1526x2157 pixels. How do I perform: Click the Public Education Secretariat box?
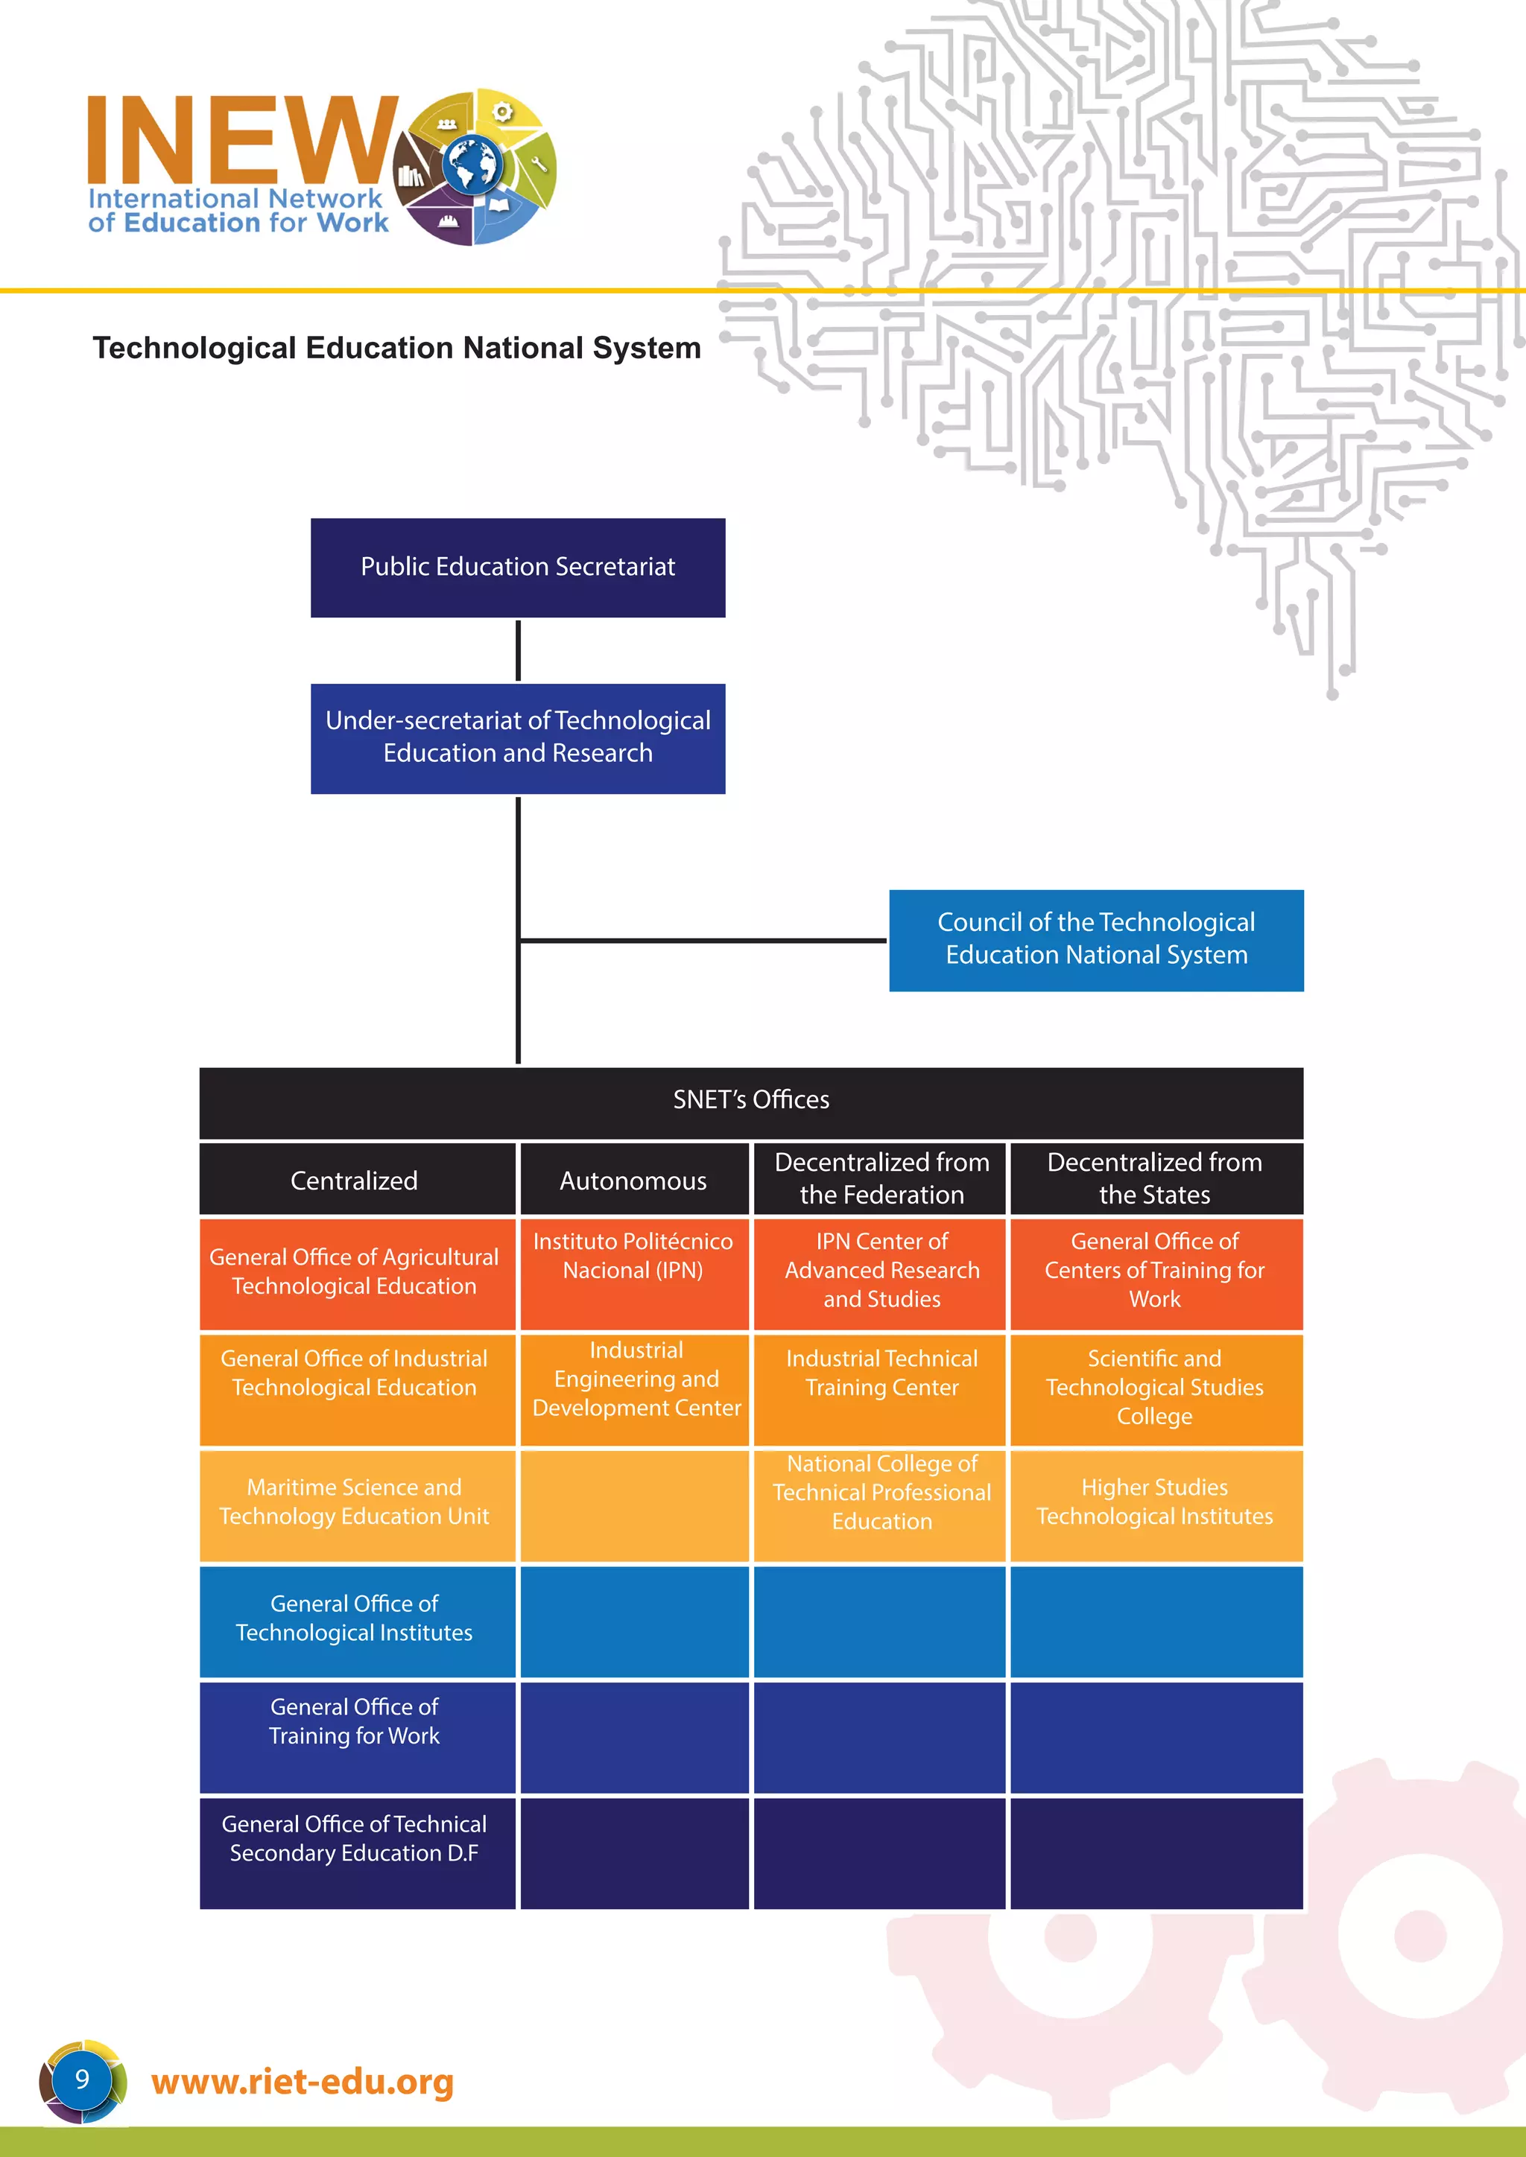518,568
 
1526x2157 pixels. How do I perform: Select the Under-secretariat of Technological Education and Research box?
518,738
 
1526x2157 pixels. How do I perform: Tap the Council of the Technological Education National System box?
1095,939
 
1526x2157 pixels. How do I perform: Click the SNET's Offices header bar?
751,1101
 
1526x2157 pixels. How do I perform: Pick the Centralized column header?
354,1180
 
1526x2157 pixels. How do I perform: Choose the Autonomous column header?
633,1180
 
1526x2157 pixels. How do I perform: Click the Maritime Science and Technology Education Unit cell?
354,1503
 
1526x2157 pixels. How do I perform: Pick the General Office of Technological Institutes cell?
354,1620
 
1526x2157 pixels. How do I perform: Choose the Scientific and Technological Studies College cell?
1155,1388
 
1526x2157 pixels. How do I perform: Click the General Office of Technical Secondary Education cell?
354,1851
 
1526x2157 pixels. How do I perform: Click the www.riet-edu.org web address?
303,2082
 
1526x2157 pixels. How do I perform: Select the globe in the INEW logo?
472,165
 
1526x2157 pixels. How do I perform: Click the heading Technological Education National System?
396,349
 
